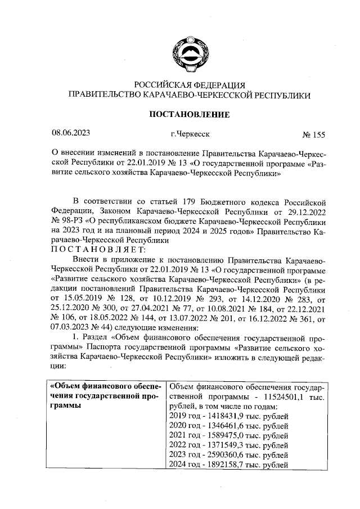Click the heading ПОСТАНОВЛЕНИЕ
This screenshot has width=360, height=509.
pos(188,115)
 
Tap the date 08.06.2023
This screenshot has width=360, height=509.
pos(71,134)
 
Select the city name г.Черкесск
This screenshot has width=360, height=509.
pos(190,135)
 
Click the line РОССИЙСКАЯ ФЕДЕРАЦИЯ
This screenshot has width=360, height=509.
pos(188,85)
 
